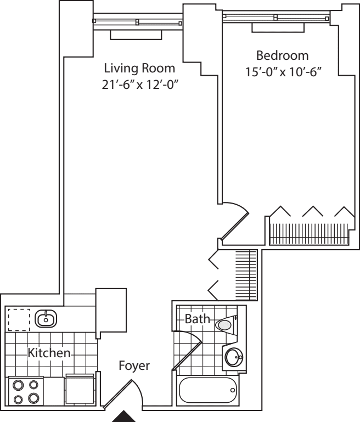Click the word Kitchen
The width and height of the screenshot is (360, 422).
(49, 353)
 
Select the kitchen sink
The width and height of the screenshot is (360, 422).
(46, 318)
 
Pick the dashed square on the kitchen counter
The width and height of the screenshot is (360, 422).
(18, 319)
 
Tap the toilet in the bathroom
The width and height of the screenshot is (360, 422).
(226, 325)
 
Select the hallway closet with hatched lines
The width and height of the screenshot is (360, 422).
(246, 275)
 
